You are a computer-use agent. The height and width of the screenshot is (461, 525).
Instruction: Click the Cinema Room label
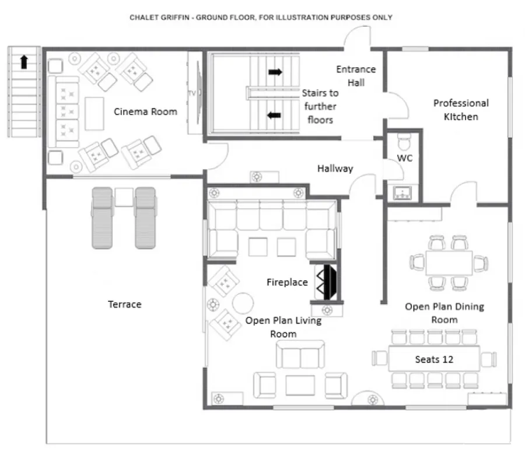(x=145, y=111)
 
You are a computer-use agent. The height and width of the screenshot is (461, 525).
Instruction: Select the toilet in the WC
(x=404, y=142)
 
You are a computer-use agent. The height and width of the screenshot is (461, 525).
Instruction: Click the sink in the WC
(x=402, y=193)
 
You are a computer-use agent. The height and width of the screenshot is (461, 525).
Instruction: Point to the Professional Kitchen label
(x=461, y=110)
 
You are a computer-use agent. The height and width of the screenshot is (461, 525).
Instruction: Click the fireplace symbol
(x=326, y=282)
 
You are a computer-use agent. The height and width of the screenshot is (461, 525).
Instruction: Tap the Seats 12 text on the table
(x=434, y=359)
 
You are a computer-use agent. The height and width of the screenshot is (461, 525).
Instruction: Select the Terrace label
(x=125, y=304)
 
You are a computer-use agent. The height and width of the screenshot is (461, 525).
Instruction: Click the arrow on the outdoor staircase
(x=24, y=62)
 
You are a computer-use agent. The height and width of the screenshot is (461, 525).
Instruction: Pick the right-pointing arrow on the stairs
(x=275, y=72)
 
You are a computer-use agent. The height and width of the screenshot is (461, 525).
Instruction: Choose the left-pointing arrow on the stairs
(x=274, y=116)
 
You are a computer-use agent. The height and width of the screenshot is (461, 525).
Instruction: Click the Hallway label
(x=335, y=168)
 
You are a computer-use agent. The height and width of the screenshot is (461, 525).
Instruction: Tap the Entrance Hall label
(x=356, y=76)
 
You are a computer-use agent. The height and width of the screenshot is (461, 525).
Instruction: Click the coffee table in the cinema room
(x=94, y=114)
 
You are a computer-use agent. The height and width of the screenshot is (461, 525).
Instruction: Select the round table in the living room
(x=243, y=303)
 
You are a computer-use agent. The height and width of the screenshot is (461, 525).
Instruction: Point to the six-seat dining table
(x=449, y=263)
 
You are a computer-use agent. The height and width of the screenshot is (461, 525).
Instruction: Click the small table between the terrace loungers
(x=124, y=197)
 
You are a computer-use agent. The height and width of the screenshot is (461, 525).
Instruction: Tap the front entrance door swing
(x=356, y=36)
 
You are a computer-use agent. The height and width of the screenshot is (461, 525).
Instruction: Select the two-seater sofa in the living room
(x=300, y=354)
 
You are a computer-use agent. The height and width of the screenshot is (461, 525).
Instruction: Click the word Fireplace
(x=287, y=282)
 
